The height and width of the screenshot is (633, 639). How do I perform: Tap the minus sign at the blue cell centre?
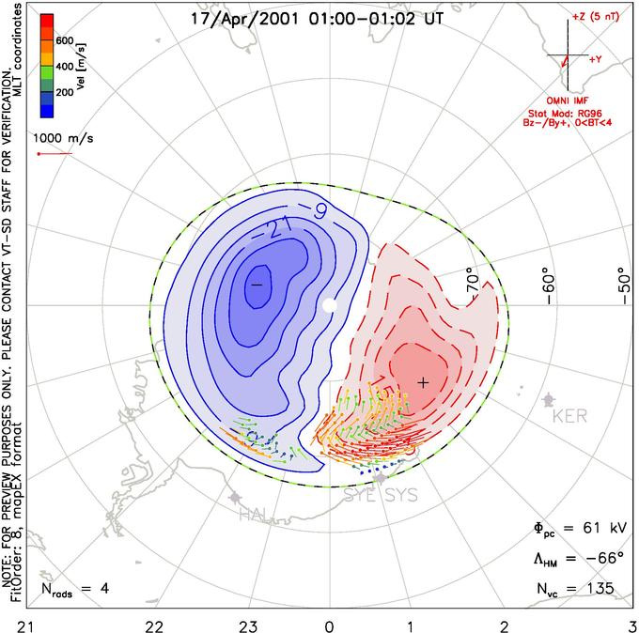[x=255, y=283]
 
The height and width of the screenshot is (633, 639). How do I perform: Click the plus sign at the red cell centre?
[x=423, y=382]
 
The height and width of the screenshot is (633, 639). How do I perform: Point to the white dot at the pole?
[x=329, y=305]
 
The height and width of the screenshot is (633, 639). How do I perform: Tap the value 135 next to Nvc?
[x=597, y=589]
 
